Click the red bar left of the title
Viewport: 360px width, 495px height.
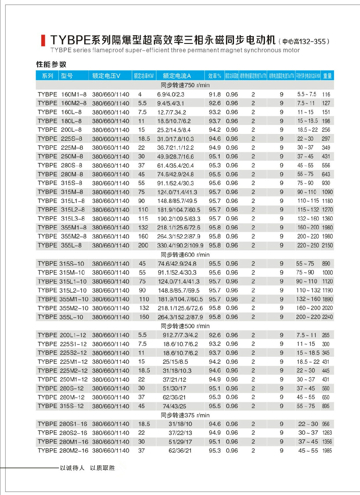tap(43, 41)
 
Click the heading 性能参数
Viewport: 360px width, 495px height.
tap(51, 64)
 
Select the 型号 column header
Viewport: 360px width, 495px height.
tap(67, 76)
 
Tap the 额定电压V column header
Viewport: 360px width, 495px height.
tap(106, 76)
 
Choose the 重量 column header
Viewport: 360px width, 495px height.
tap(327, 76)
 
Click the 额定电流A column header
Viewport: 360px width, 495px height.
tap(177, 76)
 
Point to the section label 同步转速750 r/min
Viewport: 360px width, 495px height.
tap(185, 85)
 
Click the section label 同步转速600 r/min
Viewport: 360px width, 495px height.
tap(185, 255)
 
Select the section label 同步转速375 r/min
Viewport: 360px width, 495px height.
tap(185, 415)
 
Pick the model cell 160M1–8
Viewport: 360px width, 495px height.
tap(74, 94)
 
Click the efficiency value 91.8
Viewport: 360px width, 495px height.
tap(215, 94)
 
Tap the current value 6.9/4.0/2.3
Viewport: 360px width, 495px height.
tap(171, 94)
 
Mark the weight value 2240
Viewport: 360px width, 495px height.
tap(327, 317)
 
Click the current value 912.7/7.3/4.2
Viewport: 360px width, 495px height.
tap(180, 335)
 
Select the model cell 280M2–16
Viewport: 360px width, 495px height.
tap(74, 451)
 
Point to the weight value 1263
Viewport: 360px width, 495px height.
tap(327, 433)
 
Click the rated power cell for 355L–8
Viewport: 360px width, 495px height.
tap(143, 245)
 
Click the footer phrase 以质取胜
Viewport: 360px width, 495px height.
tap(102, 468)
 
